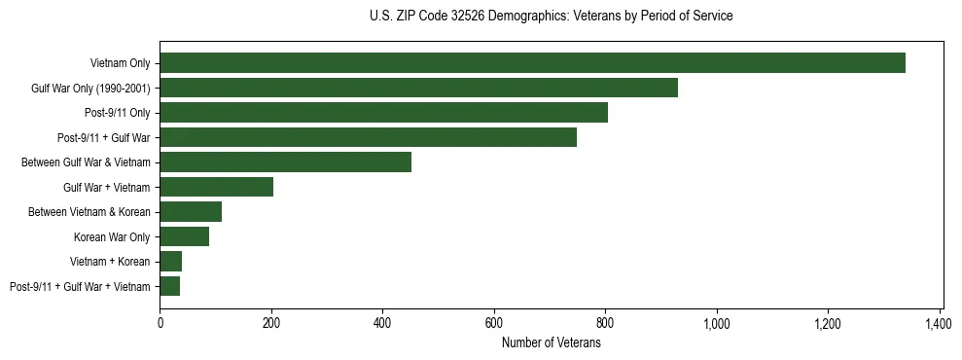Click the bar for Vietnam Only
point(532,63)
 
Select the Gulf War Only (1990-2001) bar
point(418,88)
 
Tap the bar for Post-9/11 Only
point(383,113)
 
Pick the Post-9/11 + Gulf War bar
point(368,137)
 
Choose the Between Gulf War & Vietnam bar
point(285,162)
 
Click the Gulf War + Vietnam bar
point(216,187)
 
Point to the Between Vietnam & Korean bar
point(191,212)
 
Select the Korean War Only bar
point(184,236)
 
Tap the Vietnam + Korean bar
point(170,262)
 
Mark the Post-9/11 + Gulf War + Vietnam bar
point(169,286)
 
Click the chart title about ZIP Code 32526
point(551,17)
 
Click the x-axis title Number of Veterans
point(551,343)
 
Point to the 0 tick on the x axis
point(160,323)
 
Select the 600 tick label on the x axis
point(494,323)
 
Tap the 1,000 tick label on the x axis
point(717,323)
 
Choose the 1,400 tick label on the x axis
point(940,323)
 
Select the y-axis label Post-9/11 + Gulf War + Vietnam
point(80,287)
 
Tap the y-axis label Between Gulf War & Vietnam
point(86,162)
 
